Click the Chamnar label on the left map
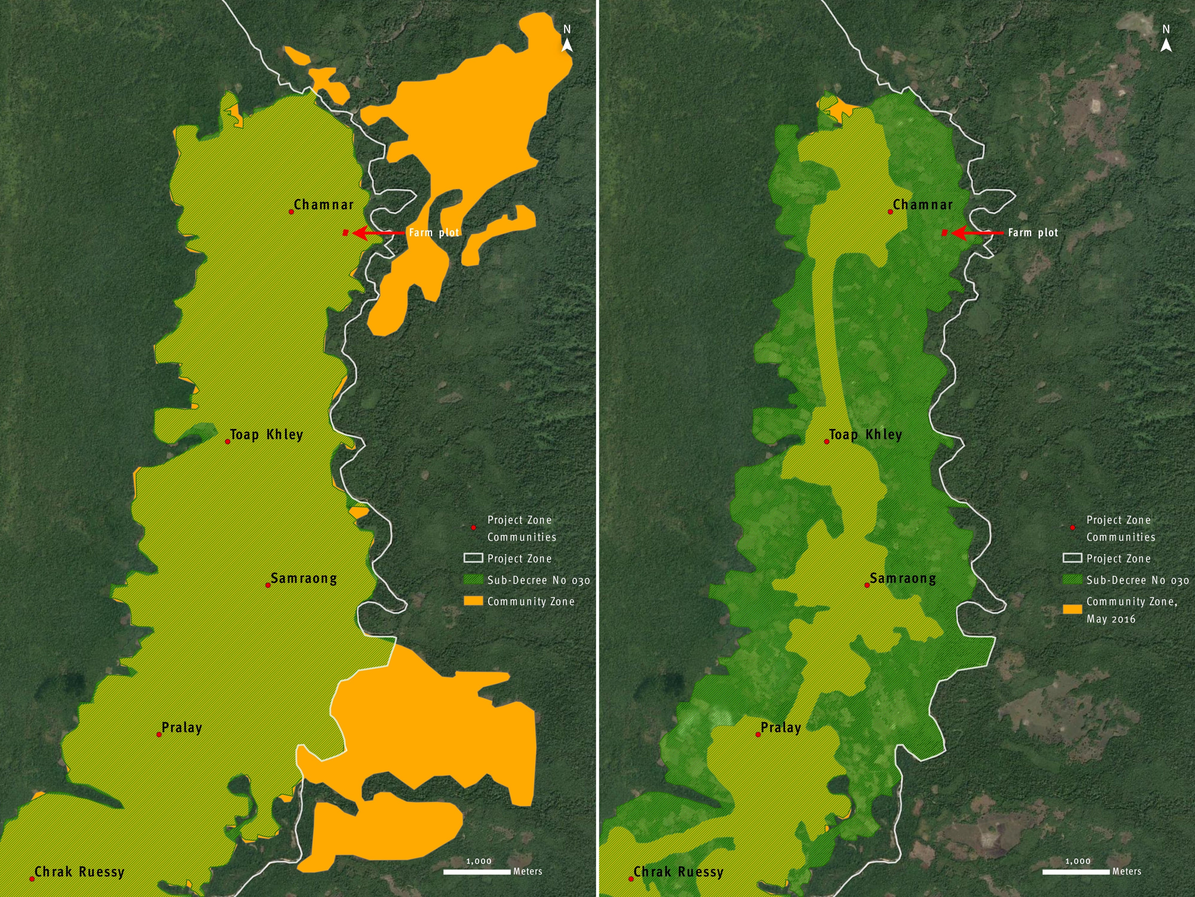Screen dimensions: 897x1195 coord(324,205)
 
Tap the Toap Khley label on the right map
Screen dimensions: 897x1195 coord(865,435)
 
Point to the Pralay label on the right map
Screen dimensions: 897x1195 coord(781,728)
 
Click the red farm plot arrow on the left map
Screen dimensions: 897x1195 coord(378,233)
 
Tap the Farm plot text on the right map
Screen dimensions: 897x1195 coord(1033,233)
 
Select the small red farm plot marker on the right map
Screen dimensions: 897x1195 coord(944,233)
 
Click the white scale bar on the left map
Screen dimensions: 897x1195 coord(477,872)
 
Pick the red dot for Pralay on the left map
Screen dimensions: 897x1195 coord(159,734)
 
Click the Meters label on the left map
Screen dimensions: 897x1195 coord(527,872)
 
